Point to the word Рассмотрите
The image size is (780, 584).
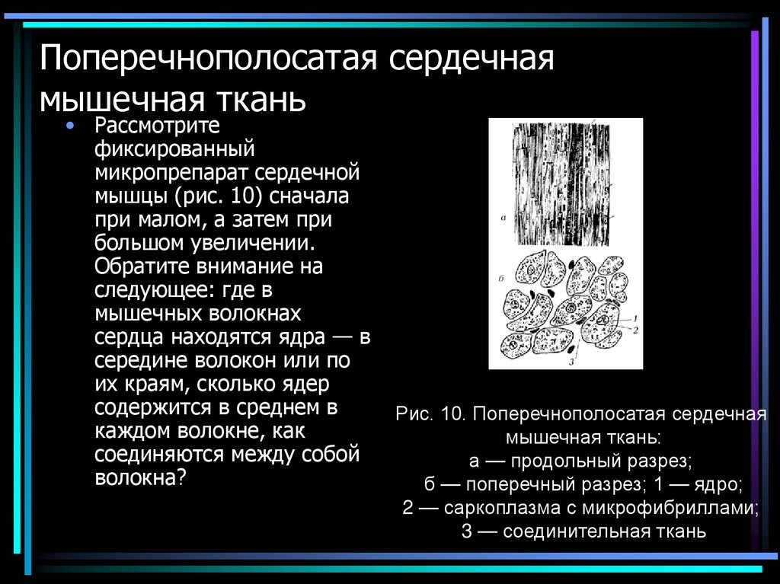(x=157, y=125)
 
